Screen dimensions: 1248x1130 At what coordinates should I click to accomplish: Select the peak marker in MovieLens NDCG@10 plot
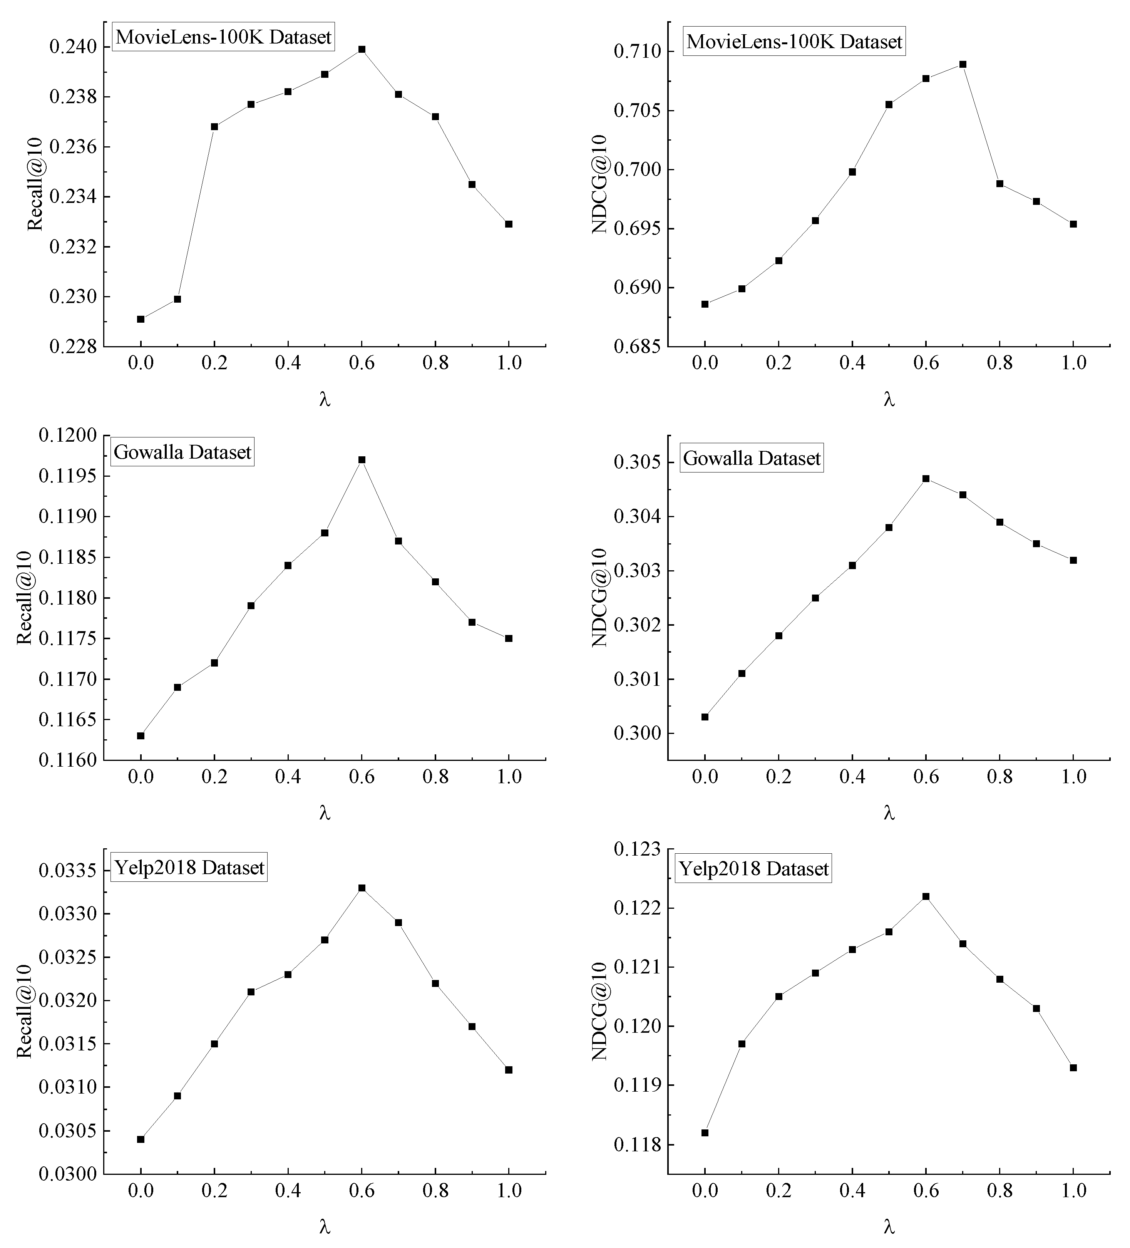coord(962,64)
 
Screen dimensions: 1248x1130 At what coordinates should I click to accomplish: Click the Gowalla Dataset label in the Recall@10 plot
coord(182,452)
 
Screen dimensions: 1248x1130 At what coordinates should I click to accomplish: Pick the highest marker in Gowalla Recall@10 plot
coord(362,460)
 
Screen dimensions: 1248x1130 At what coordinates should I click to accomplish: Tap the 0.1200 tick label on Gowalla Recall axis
coord(68,436)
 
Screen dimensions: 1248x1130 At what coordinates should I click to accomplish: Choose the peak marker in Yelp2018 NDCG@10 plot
coord(926,896)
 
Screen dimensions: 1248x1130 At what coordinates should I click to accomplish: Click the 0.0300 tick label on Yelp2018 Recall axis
coord(68,1174)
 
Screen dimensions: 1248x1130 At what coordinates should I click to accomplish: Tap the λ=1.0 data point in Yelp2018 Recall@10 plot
coord(509,1070)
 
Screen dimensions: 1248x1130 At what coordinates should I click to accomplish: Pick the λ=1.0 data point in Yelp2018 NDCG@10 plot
coord(1073,1067)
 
